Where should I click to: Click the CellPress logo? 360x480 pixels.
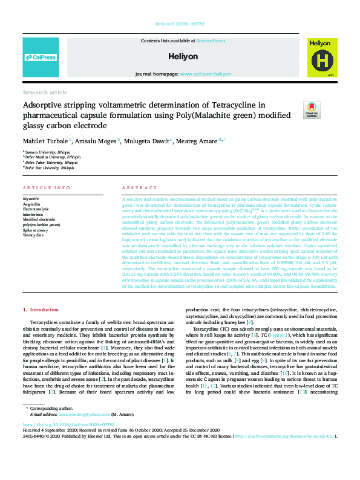[41, 57]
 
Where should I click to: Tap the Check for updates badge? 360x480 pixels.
[311, 111]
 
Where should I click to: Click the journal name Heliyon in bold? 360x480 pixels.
[180, 56]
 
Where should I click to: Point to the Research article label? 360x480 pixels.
[45, 92]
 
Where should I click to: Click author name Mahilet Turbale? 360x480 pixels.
[41, 141]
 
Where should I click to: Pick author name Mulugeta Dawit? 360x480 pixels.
[141, 141]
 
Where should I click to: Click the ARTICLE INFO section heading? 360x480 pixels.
[45, 188]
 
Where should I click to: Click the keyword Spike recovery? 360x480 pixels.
[37, 230]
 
